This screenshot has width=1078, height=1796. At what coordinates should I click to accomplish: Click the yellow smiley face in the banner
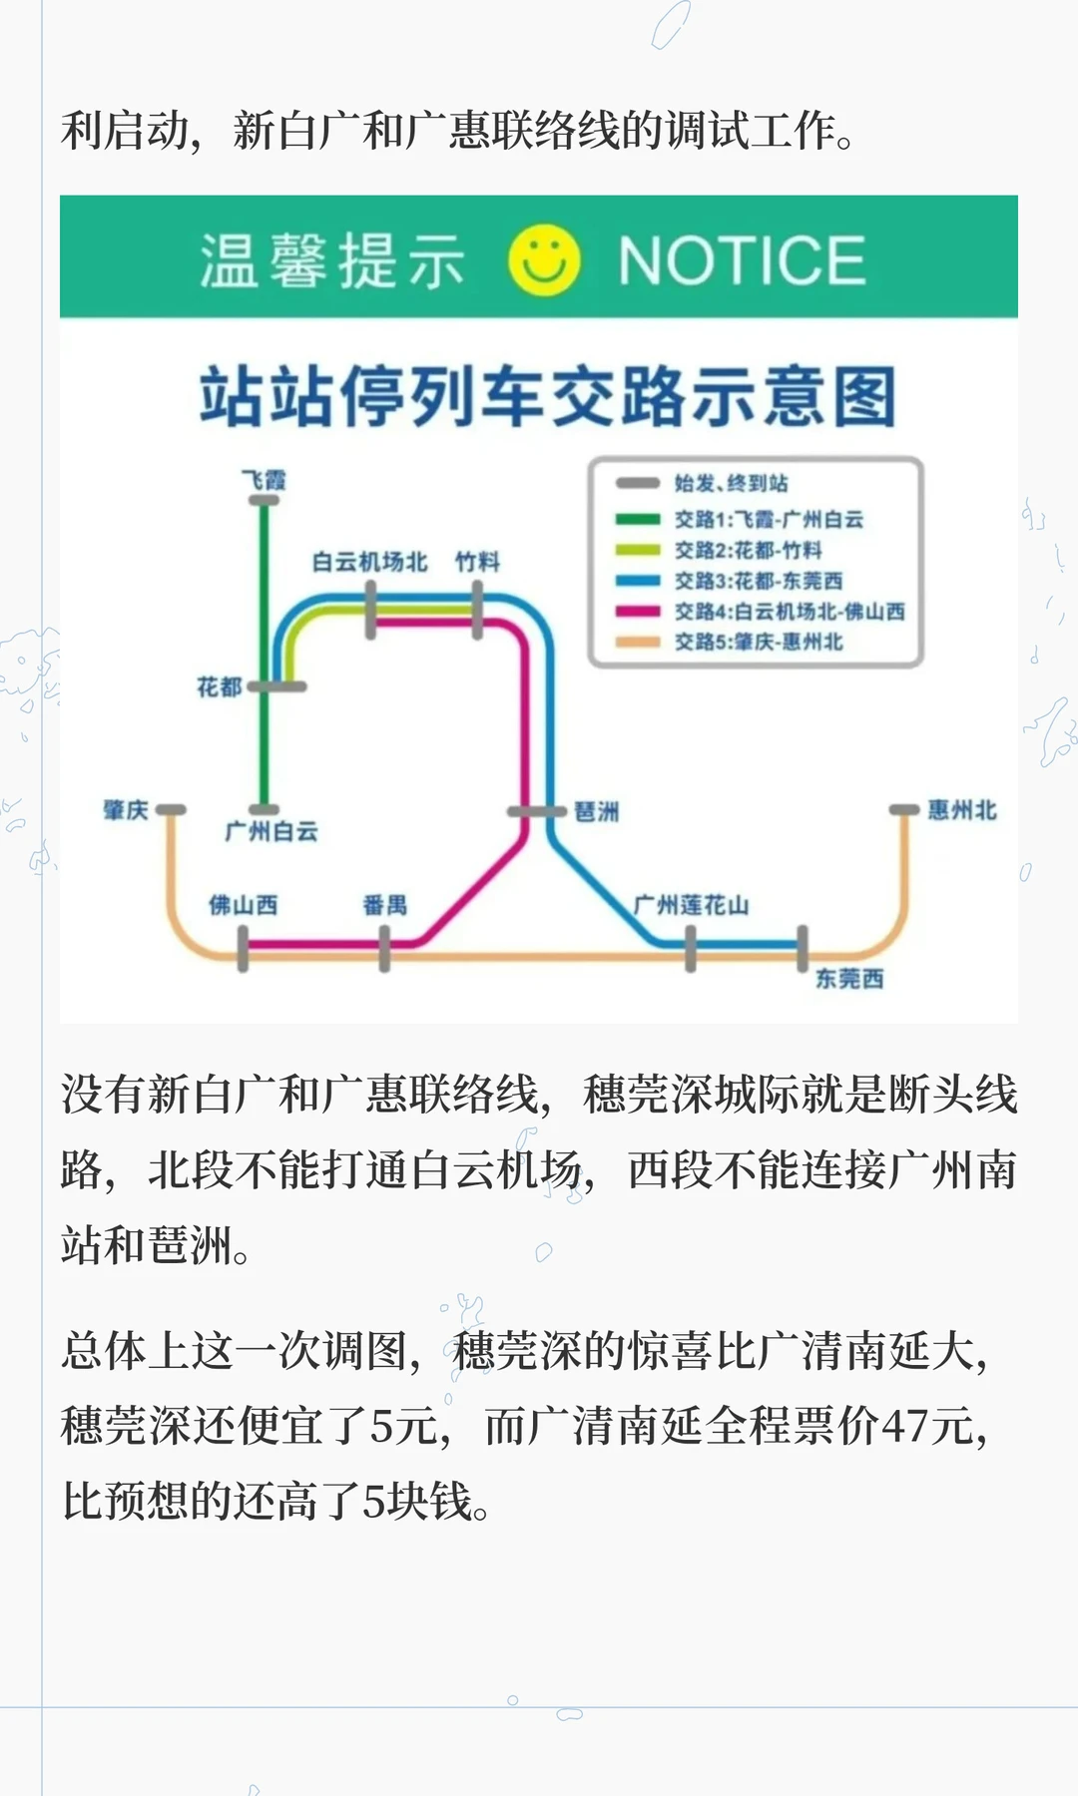coord(544,260)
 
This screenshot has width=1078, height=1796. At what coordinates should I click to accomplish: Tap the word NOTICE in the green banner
coord(741,261)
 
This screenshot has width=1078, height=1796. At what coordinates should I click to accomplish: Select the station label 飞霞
coord(265,480)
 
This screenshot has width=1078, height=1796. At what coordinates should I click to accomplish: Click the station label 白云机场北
coord(369,562)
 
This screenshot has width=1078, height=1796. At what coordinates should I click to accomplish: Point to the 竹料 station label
coord(477,562)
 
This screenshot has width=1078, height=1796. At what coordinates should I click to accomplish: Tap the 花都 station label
coord(220,686)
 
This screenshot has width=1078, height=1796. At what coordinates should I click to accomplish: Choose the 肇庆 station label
coord(126,809)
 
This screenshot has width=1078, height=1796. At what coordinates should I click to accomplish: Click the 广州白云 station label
coord(271,831)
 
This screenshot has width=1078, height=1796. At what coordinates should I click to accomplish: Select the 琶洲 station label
coord(597,812)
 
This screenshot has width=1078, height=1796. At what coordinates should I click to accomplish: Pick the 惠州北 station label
coord(962,810)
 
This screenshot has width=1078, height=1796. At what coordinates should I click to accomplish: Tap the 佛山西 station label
coord(243,905)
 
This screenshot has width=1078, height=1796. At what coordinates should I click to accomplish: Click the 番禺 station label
coord(385,905)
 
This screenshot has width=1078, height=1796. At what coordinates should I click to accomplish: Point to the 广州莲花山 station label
coord(691,905)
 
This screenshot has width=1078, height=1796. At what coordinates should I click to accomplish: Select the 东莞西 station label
coord(849,979)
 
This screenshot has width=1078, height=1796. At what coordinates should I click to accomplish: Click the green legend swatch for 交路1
coord(638,519)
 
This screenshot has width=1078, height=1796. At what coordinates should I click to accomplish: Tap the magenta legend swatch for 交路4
coord(638,612)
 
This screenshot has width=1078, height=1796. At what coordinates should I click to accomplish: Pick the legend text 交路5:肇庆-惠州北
coord(759,642)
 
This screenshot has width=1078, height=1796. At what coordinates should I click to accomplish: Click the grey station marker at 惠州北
coord(904,809)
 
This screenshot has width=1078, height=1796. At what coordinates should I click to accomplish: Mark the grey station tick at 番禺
coord(384,949)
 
